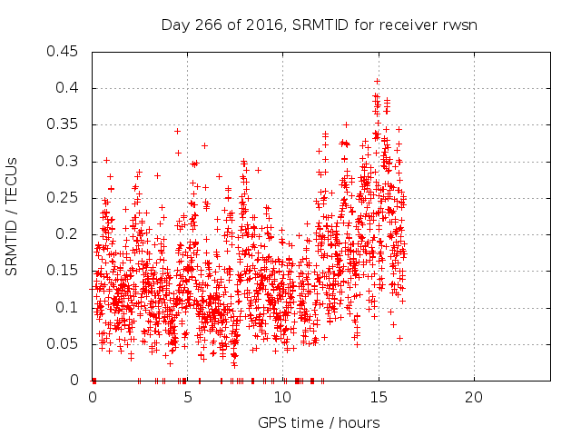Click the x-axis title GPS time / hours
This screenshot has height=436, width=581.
319,422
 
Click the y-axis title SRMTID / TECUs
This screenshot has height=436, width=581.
13,216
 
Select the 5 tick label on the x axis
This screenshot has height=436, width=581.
188,398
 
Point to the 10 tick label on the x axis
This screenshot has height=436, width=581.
283,398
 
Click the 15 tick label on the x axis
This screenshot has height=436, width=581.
379,398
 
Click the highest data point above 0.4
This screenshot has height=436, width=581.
377,81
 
